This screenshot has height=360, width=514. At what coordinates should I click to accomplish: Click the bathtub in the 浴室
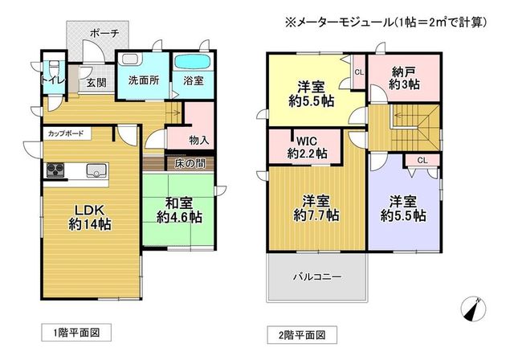tap(193, 62)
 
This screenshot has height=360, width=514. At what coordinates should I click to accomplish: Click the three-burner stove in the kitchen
tap(55, 170)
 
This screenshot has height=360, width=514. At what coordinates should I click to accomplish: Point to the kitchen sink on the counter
tap(96, 171)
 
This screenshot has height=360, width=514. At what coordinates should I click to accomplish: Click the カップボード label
tap(66, 133)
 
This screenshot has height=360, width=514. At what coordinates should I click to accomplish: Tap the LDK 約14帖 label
tap(89, 217)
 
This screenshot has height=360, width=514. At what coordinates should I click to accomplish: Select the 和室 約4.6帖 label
tap(179, 211)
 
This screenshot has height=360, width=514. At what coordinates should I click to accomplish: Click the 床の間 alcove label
tap(190, 163)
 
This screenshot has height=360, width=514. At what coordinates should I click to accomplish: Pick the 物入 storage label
tap(199, 141)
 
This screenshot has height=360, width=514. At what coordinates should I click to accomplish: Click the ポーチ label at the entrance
tap(104, 33)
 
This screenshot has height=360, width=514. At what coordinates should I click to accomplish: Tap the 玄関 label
tap(96, 83)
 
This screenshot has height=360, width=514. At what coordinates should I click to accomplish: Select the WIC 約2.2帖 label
tap(307, 147)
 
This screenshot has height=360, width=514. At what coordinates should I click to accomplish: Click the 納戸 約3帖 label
tap(404, 78)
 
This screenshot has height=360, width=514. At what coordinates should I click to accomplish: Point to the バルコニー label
tap(317, 276)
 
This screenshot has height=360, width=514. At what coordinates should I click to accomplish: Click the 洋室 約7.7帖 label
tap(316, 208)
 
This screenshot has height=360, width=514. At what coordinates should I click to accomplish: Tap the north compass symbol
tap(473, 309)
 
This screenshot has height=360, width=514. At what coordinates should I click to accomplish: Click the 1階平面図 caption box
tap(76, 333)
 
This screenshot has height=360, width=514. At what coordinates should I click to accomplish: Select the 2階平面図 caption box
tap(302, 335)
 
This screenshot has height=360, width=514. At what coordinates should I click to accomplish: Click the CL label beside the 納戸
tap(359, 72)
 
